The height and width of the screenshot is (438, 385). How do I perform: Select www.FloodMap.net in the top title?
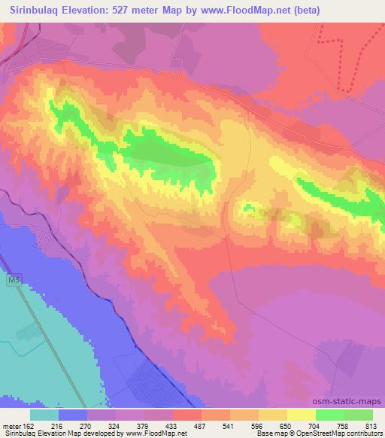(274, 11)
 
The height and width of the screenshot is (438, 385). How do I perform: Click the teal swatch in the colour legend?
(44, 415)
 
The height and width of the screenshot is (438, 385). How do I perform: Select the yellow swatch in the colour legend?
(300, 415)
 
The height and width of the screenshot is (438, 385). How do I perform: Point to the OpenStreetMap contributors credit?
(347, 434)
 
